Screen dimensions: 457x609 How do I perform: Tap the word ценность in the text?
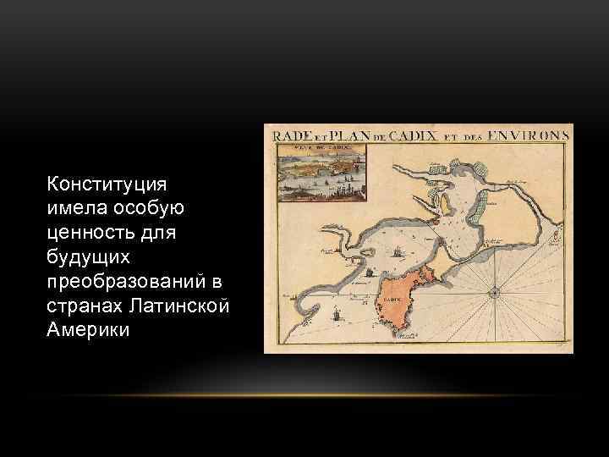point(86,231)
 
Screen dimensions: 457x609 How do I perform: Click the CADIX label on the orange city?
point(391,300)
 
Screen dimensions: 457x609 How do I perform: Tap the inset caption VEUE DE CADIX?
point(321,149)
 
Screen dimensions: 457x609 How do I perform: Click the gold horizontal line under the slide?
point(304,395)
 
